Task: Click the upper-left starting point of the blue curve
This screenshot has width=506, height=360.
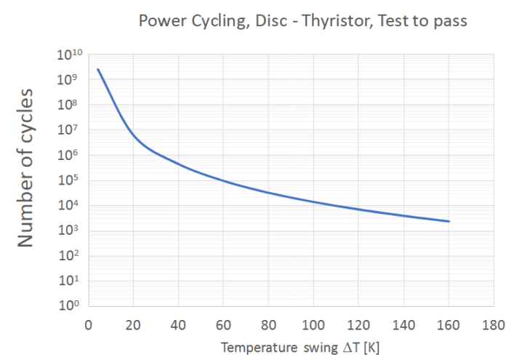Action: (x=97, y=69)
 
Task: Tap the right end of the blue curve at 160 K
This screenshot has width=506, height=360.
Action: (x=449, y=221)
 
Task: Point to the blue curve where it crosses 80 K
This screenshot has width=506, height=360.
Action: (x=268, y=193)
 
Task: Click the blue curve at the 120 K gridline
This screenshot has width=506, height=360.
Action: (x=359, y=209)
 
